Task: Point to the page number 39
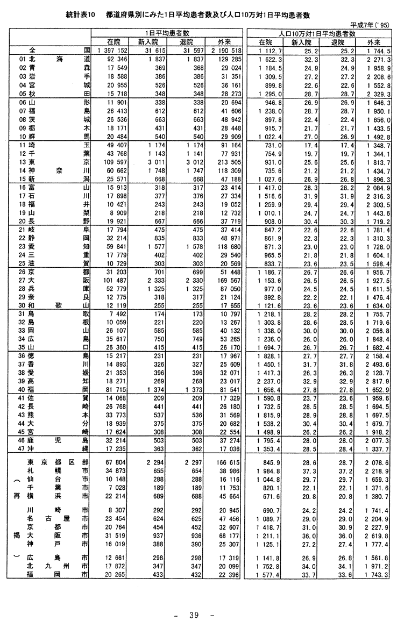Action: (x=194, y=613)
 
